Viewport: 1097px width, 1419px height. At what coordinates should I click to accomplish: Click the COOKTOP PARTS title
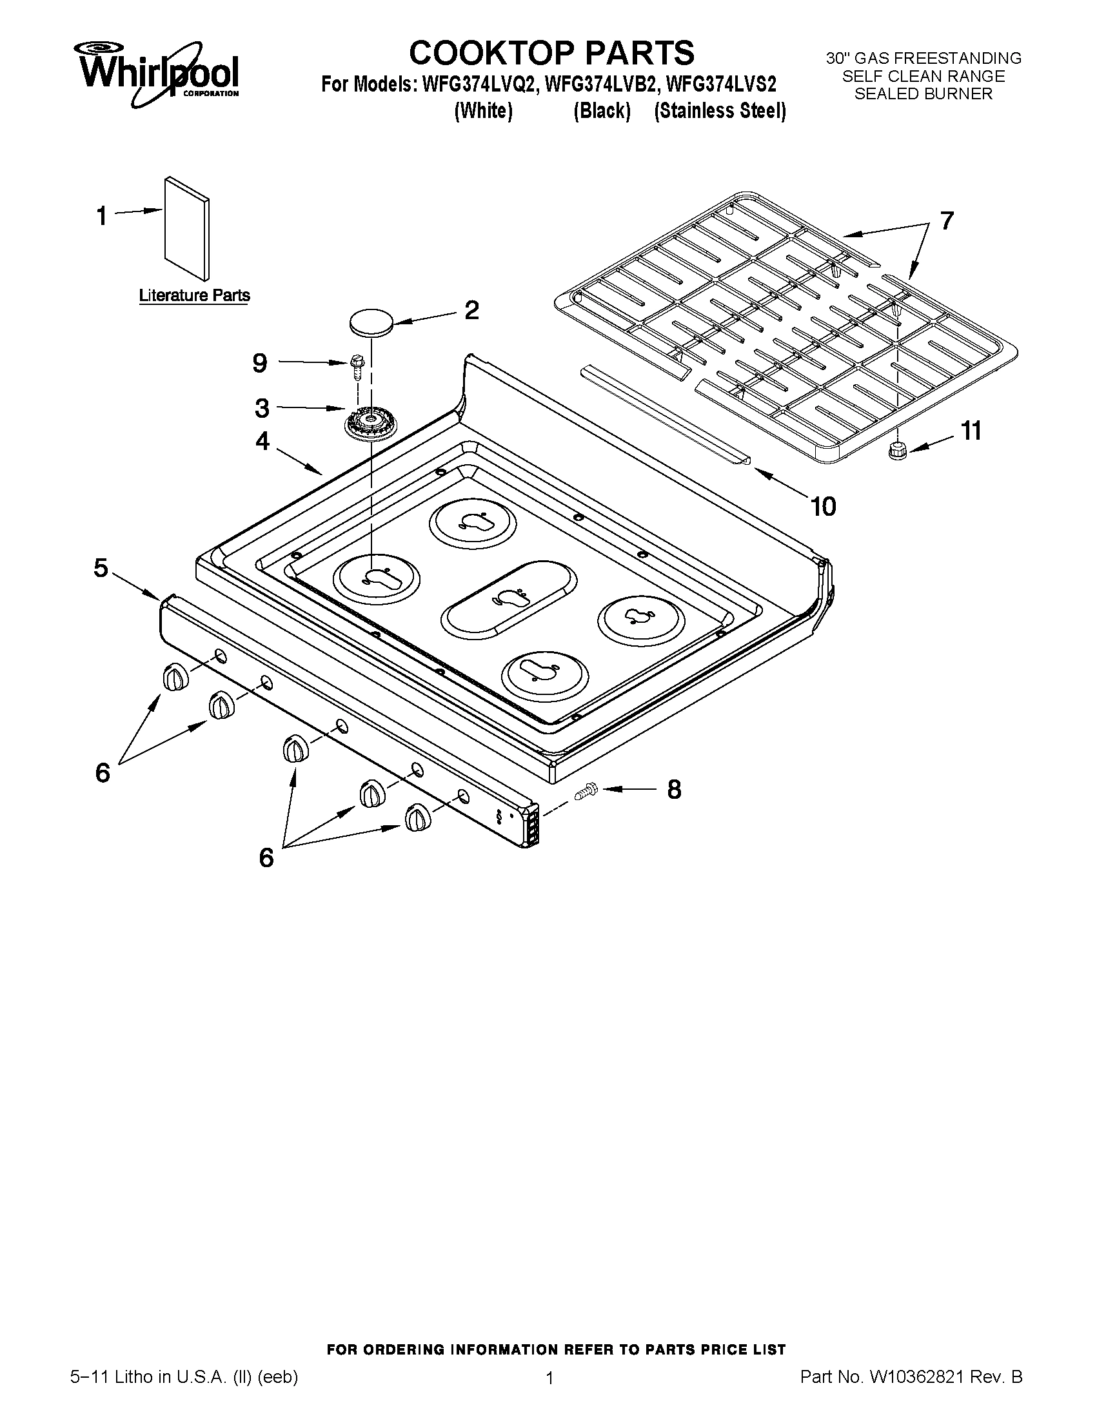(x=551, y=52)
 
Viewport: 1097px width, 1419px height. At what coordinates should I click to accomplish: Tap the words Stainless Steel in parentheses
(x=720, y=111)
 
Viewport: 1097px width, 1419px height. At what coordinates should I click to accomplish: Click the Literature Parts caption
(x=194, y=296)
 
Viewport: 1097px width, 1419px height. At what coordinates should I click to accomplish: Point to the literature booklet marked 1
(x=187, y=228)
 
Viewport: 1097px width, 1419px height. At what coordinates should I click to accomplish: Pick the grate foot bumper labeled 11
(x=898, y=449)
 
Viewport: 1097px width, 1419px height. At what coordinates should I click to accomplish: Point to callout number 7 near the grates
(x=946, y=221)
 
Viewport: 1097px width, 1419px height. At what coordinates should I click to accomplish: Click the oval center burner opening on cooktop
(x=508, y=598)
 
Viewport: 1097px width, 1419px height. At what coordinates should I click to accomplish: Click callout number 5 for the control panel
(x=101, y=568)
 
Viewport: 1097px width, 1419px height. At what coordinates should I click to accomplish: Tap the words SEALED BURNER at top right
(x=923, y=94)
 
